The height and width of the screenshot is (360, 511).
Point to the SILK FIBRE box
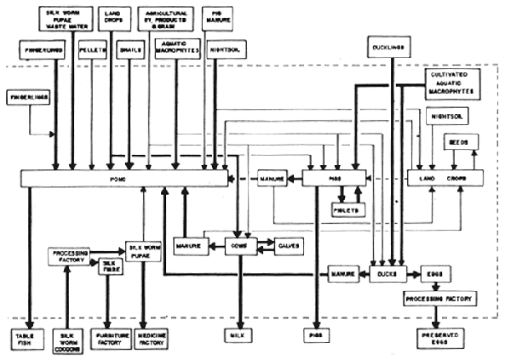(109, 267)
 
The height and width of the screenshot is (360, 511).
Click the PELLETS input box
(92, 51)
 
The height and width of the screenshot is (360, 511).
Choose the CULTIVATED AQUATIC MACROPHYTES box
(450, 83)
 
